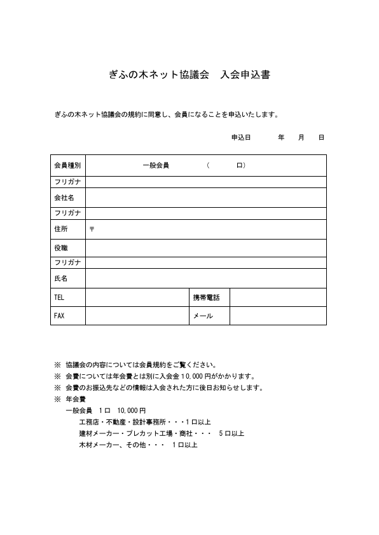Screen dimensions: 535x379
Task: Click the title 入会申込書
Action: click(x=245, y=75)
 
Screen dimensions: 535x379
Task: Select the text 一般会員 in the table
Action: click(x=156, y=166)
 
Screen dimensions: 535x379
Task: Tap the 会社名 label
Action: click(x=64, y=198)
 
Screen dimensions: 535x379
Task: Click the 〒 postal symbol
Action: click(x=92, y=229)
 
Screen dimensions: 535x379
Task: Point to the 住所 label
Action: click(x=61, y=229)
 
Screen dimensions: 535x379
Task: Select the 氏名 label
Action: click(x=61, y=278)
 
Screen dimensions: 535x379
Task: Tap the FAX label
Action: click(x=60, y=316)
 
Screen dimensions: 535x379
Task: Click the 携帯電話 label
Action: click(x=205, y=297)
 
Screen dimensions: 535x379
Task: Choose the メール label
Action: click(x=202, y=316)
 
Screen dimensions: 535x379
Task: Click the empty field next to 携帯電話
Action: click(x=278, y=297)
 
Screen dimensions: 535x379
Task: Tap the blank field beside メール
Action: click(x=278, y=316)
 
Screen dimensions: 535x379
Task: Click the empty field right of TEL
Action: click(x=137, y=297)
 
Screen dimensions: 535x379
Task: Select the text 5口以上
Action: click(x=231, y=433)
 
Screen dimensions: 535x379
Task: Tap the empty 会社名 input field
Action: click(x=206, y=198)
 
